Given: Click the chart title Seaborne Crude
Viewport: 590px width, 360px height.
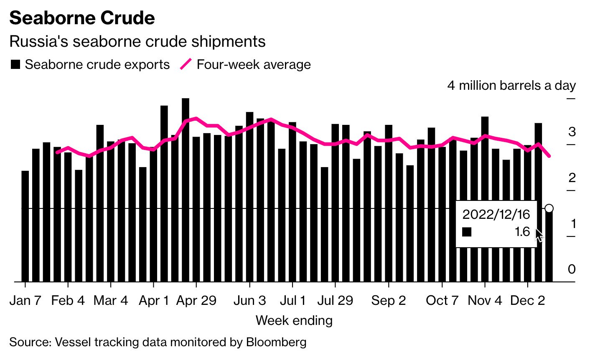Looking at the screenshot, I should pos(82,18).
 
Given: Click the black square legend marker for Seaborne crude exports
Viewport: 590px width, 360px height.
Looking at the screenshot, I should pos(16,65).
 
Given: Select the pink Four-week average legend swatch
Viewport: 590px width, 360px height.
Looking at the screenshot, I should pos(186,64).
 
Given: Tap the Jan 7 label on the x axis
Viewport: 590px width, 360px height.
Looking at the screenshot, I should pos(25,300).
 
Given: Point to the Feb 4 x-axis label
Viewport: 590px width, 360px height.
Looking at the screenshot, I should pos(68,300).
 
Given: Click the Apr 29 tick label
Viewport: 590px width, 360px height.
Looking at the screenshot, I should pos(196,300).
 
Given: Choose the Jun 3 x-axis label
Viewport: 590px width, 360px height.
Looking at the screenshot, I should pos(249,300).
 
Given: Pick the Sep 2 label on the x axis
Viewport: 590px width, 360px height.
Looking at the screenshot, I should pos(388,300).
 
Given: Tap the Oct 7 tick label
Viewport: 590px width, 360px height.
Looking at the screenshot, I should pos(442,300).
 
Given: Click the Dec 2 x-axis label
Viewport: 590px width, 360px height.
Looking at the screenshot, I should pos(528,300).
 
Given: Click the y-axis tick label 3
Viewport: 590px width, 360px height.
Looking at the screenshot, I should pos(572,132).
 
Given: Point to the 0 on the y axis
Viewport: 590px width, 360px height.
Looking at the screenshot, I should pos(572,269).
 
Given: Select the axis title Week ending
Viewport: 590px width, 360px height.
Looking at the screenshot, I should pos(294,320).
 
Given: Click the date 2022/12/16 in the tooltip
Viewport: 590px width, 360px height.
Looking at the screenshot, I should pos(496,214).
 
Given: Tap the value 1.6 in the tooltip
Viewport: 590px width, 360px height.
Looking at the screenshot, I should pos(522,232).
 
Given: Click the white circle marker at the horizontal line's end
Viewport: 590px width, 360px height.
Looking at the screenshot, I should pos(549,208).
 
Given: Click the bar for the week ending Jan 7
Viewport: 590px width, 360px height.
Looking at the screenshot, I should pos(25,226).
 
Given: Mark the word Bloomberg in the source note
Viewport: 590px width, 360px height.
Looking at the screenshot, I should pos(276,342).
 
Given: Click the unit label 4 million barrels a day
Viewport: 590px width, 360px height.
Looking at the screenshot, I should pos(511,86).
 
